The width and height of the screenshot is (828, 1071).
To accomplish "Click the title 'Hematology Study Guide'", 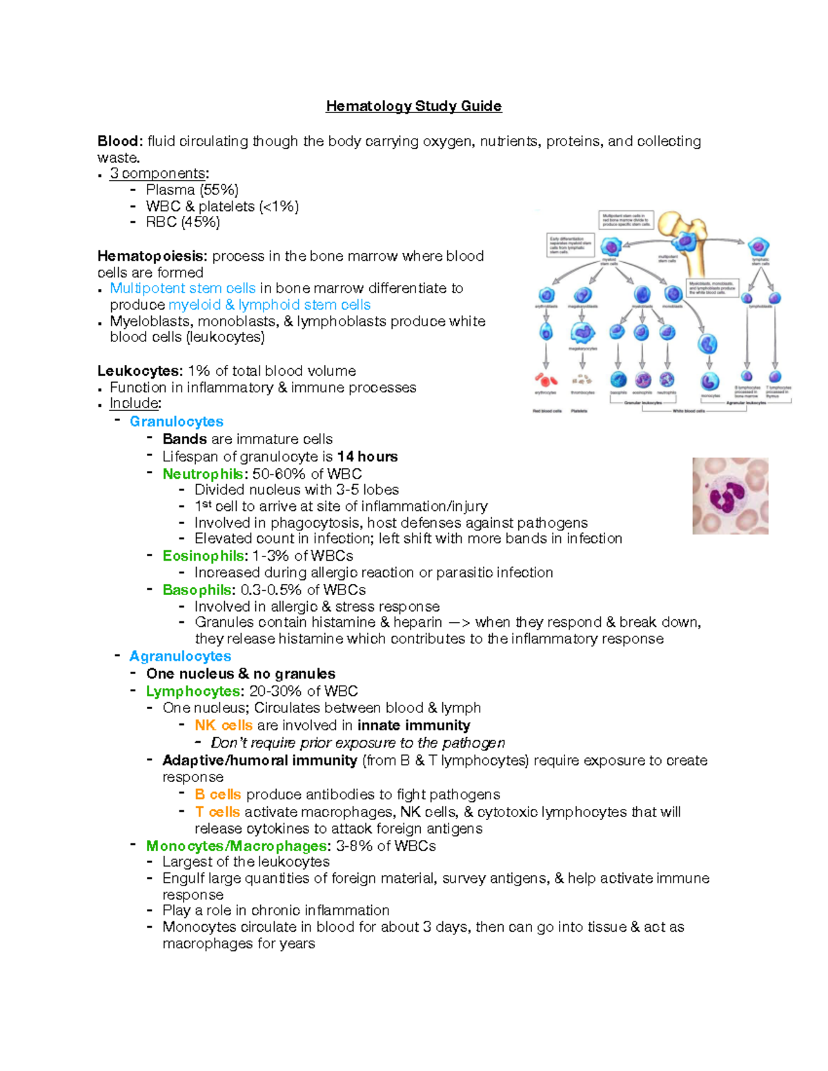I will [413, 106].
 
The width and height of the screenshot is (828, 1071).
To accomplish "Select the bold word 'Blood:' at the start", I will [120, 141].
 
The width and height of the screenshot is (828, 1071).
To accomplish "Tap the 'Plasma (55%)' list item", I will [192, 190].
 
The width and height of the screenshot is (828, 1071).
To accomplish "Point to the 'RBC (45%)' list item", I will [182, 222].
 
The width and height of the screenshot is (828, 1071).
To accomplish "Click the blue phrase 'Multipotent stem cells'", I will [182, 288].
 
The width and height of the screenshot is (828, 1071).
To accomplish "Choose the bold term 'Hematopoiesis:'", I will [152, 256].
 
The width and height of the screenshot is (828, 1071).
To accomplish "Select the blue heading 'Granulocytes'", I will [176, 421].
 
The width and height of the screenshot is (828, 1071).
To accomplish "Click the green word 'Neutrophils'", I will [202, 474].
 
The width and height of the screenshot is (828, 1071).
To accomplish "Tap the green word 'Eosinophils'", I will [203, 556].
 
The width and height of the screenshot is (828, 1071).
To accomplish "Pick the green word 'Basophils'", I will [197, 590].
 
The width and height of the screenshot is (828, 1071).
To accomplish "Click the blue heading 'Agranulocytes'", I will [180, 656].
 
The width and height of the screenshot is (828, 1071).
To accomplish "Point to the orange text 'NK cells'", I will [224, 725].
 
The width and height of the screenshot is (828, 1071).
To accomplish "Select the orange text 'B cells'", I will [217, 794].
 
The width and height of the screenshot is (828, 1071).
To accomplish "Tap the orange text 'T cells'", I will [217, 812].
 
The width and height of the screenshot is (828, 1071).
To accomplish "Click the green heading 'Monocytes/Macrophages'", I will [236, 845].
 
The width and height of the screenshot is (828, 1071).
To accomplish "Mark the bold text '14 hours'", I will [367, 457].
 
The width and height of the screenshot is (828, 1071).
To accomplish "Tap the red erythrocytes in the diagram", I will [546, 379].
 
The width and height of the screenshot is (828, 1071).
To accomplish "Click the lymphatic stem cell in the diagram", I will [759, 247].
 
